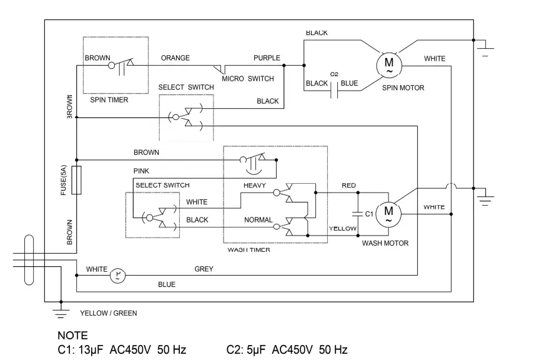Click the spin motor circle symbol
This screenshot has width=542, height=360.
388,64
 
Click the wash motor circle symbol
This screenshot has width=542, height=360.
389,214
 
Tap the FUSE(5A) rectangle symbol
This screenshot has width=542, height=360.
76,180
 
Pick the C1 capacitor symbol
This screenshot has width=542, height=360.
358,214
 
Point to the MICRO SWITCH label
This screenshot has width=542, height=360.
248,79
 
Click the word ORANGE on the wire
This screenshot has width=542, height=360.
175,58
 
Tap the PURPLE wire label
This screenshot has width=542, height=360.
267,58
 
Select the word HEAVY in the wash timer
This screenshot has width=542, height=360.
255,186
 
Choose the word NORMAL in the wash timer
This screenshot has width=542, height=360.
258,220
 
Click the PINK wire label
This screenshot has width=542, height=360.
141,171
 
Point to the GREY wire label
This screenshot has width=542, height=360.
204,269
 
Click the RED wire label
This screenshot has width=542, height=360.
348,186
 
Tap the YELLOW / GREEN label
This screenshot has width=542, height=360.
109,313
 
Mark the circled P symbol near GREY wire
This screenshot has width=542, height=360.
118,275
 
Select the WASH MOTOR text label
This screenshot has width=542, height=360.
385,243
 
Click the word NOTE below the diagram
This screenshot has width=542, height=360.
72,336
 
